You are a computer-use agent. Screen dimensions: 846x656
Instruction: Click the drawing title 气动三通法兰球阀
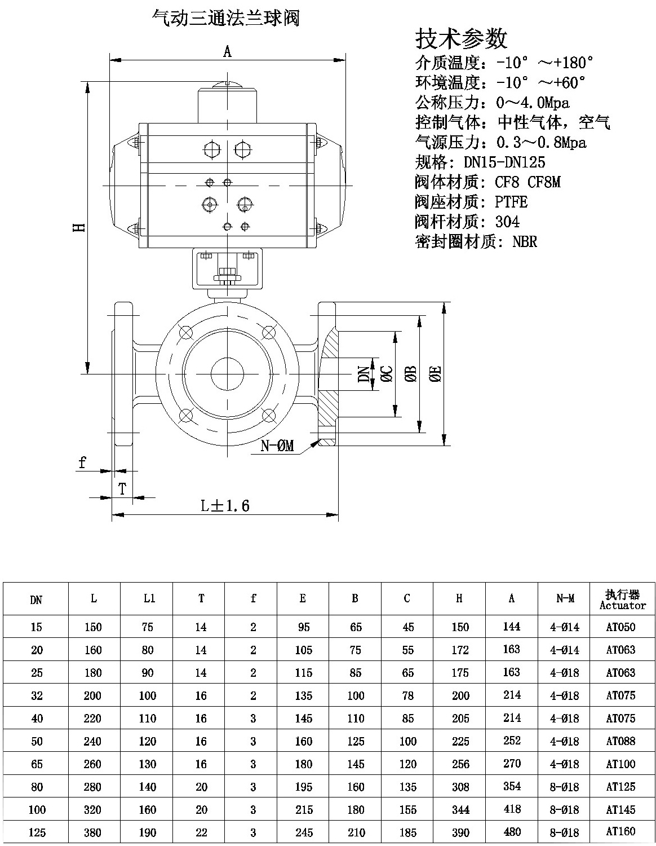click(226, 19)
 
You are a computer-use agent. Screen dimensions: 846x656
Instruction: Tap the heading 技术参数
click(461, 38)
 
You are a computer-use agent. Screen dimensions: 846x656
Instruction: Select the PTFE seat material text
click(511, 201)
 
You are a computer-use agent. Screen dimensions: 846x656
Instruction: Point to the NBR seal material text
click(525, 242)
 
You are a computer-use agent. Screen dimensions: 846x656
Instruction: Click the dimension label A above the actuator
click(227, 52)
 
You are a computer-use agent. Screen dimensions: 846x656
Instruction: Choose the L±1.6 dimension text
click(225, 505)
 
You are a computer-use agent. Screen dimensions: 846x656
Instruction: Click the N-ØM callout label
click(277, 446)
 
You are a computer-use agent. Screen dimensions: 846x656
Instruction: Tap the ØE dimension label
click(436, 373)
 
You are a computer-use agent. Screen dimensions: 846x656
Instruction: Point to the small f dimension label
click(83, 463)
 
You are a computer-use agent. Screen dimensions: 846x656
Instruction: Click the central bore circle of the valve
click(227, 373)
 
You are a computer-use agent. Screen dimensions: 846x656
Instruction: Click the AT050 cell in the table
click(620, 627)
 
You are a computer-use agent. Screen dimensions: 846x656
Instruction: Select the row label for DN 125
click(37, 832)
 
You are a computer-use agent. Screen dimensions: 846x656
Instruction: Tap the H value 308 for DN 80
click(460, 787)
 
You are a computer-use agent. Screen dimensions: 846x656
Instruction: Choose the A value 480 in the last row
click(512, 832)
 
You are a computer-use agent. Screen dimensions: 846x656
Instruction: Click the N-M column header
click(565, 599)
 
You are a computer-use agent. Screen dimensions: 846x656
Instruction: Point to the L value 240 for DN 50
click(93, 741)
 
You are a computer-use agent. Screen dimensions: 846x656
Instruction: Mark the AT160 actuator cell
click(620, 831)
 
